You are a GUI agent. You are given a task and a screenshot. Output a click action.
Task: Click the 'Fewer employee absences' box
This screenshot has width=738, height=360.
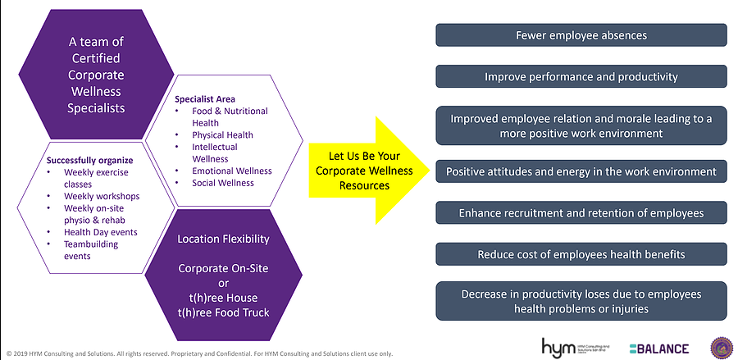581,35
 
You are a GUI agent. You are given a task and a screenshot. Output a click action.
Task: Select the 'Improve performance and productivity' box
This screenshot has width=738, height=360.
581,76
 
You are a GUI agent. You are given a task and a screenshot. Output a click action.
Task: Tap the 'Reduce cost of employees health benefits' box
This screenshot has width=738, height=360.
581,254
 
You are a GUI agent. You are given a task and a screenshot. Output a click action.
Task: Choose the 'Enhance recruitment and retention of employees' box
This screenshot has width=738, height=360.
581,213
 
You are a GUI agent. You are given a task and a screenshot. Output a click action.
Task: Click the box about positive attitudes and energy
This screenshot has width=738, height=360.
581,171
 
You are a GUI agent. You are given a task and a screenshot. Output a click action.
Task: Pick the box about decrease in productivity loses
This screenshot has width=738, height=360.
581,301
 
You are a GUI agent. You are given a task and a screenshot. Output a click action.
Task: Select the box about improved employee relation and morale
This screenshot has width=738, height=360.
581,125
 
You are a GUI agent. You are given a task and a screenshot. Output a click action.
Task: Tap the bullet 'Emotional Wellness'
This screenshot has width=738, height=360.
232,171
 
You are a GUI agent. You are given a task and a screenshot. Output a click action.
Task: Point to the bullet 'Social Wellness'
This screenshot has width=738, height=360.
223,183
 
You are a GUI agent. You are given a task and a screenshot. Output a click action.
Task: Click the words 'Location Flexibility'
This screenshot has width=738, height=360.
222,239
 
